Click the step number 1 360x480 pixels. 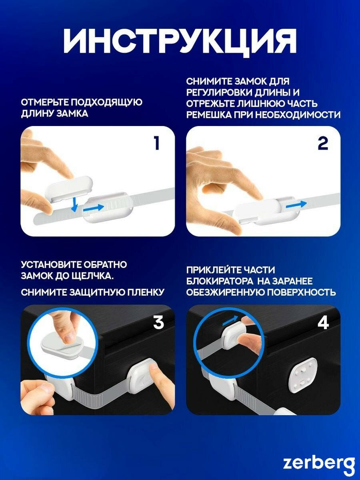157,143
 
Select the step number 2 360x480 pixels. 323,144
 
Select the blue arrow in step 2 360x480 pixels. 296,205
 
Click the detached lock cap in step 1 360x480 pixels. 69,189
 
